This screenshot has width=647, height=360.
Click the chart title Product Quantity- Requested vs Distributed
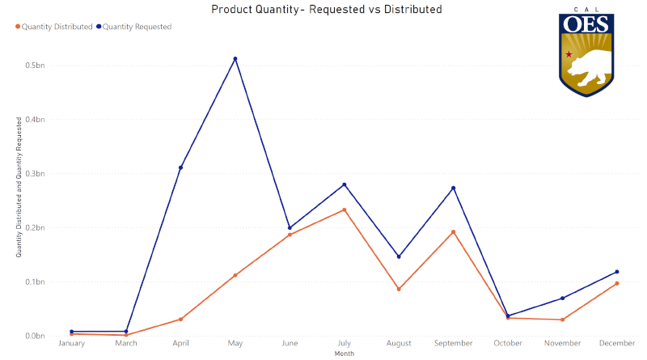(326, 10)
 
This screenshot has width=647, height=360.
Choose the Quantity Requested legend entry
(137, 27)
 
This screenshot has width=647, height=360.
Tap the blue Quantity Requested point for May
(235, 59)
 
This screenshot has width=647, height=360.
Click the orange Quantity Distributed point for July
(344, 210)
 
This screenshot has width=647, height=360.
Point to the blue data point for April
(180, 167)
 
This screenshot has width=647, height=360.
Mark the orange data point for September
(453, 232)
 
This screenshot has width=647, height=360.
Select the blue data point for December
(616, 272)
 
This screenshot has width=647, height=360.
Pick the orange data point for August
(399, 289)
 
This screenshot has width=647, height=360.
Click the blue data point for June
(290, 228)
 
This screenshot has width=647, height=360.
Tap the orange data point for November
(562, 320)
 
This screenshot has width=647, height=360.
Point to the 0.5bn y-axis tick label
(34, 65)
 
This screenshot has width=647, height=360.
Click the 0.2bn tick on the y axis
(34, 227)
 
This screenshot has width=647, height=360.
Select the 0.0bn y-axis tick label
(34, 336)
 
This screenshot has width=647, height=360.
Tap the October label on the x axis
(507, 344)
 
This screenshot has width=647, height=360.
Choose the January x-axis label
(71, 344)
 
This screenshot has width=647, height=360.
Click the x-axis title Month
(344, 353)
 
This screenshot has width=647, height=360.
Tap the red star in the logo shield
(569, 54)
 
